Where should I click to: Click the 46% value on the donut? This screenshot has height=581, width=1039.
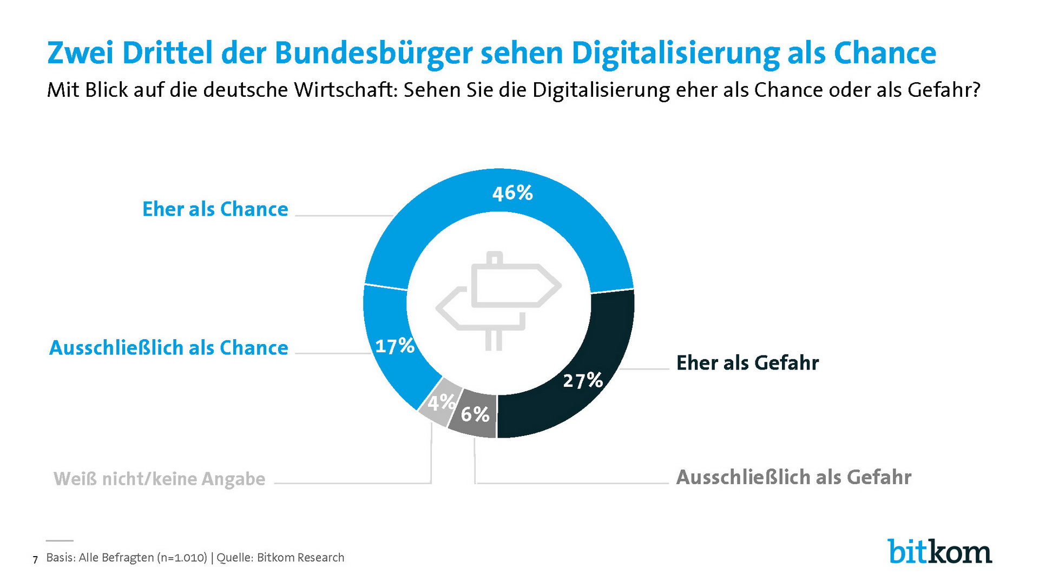pos(512,193)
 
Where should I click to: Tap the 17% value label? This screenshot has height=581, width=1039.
pos(394,346)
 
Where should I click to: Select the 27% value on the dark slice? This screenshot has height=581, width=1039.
pos(583,380)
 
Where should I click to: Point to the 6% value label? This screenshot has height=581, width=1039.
pos(475,415)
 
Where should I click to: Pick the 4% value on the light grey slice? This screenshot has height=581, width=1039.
pos(440,402)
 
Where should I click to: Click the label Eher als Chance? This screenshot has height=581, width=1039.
pos(215,209)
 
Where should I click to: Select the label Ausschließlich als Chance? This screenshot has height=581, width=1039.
pos(168,348)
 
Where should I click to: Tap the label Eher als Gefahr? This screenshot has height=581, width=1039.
pos(747,363)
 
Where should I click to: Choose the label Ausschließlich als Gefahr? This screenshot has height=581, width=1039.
pos(793,477)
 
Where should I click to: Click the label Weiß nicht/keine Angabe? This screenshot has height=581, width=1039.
pos(159,479)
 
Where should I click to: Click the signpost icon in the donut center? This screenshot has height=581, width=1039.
pos(498,300)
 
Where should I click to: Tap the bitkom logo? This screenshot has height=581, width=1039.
pos(939,552)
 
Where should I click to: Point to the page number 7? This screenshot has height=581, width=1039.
pos(35,559)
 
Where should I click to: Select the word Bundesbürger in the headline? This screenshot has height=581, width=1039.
pos(374,54)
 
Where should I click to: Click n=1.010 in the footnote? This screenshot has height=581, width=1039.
pos(182,558)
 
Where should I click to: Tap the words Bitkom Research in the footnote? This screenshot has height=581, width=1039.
pos(300,558)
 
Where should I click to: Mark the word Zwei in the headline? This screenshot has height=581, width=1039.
pos(81,54)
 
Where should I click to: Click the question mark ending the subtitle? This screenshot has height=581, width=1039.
pos(976,90)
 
